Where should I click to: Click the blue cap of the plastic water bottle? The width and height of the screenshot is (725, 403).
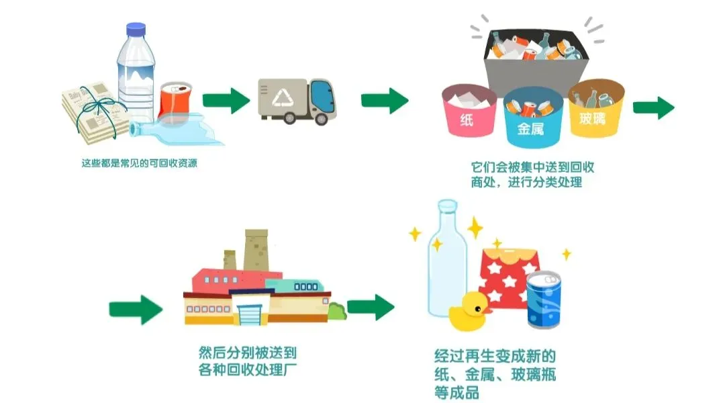click(x=136, y=29)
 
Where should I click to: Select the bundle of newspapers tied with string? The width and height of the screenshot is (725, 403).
click(x=95, y=112)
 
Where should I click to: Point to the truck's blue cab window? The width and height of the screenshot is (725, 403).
click(x=322, y=95)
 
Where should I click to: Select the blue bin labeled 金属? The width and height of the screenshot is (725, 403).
click(x=532, y=118)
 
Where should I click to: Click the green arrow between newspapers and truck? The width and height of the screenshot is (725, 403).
click(x=226, y=100)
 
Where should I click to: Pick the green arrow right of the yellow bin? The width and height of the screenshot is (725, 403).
click(x=653, y=108)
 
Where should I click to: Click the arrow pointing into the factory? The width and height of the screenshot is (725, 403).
click(x=136, y=310)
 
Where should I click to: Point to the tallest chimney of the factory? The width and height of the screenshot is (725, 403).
click(x=256, y=250)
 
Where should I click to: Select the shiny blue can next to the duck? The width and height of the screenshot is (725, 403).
click(x=544, y=300)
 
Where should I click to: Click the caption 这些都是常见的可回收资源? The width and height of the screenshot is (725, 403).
click(x=139, y=163)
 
